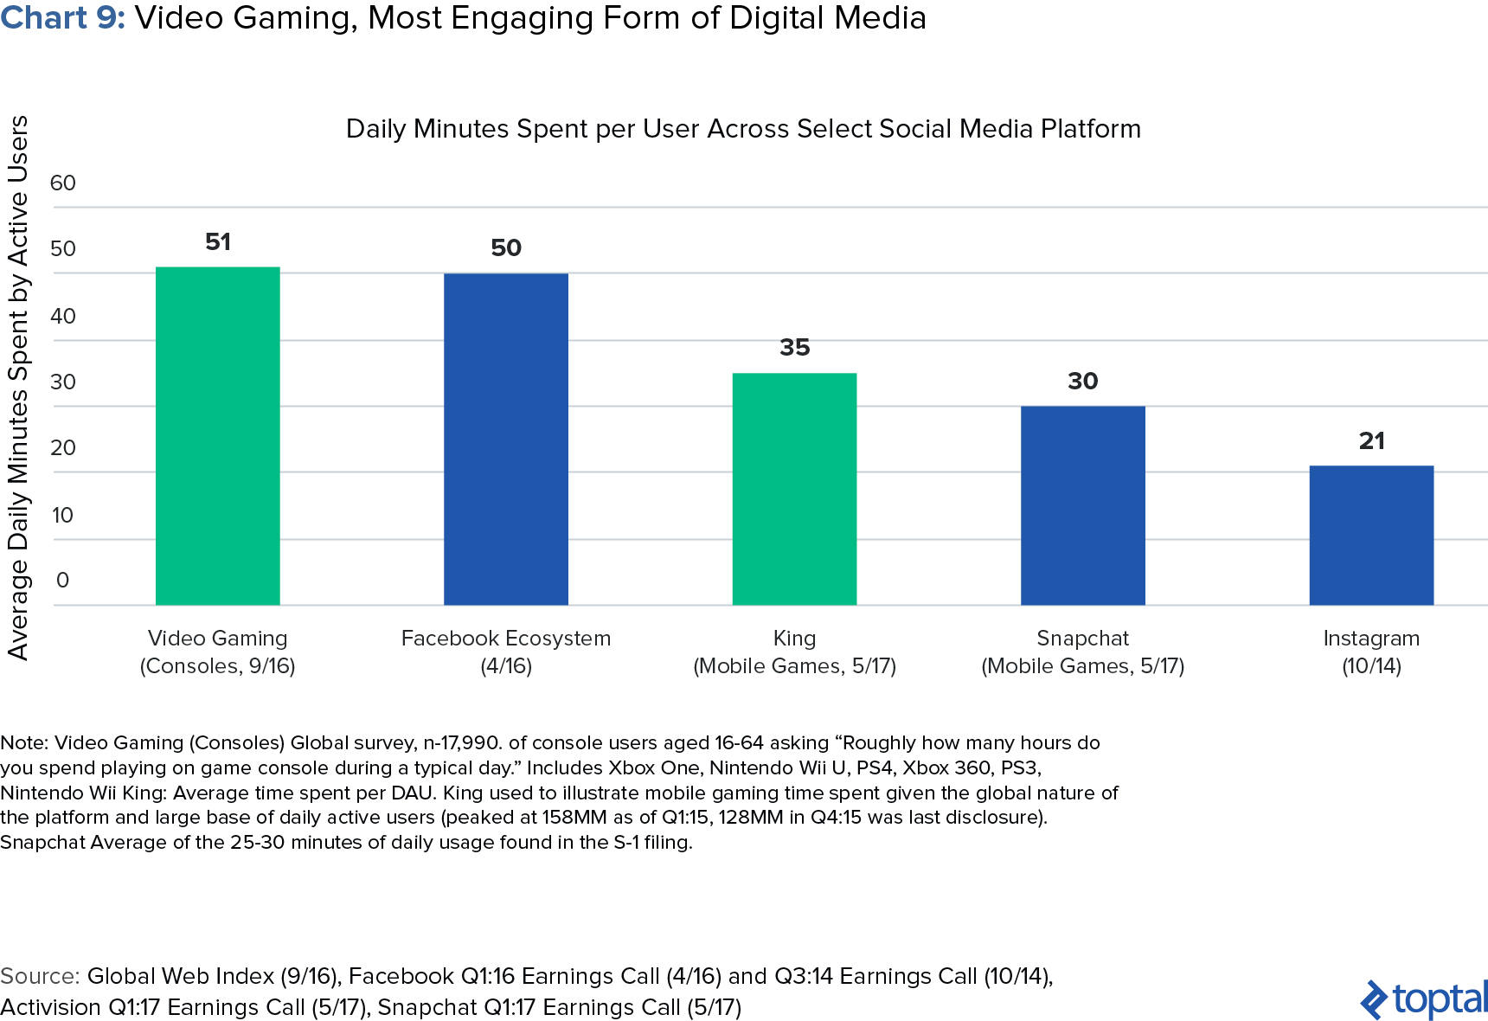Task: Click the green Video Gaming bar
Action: coord(217,436)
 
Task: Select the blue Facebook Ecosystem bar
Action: coord(505,440)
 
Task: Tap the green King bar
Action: coord(794,489)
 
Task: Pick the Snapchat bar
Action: coord(1082,505)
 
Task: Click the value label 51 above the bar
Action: coord(218,242)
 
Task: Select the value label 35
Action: coord(794,348)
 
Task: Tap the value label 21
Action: coord(1371,441)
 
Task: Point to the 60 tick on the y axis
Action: coord(63,183)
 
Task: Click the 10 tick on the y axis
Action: coord(62,516)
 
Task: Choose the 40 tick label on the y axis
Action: coord(63,317)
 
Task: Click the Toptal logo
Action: coord(1424,999)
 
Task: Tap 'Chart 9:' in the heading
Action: coord(63,18)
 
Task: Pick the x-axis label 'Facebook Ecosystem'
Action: coord(505,639)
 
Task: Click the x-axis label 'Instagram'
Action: coord(1371,639)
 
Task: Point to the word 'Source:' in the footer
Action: coord(40,976)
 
